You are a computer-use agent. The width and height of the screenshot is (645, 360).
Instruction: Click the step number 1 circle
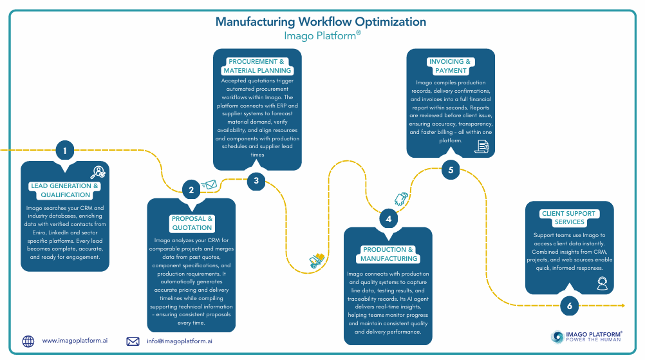(64, 151)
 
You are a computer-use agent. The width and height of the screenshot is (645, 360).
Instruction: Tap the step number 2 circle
(191, 190)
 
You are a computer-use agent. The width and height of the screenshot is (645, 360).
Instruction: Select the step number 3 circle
(256, 180)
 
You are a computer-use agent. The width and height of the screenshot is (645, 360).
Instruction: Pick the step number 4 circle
(388, 219)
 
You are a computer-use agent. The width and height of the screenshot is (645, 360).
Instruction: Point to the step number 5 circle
(451, 171)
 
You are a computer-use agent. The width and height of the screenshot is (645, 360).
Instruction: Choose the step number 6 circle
(569, 306)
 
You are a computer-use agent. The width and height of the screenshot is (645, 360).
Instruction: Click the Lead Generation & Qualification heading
(65, 190)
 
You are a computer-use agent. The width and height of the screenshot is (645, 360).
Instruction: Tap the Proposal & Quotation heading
(192, 223)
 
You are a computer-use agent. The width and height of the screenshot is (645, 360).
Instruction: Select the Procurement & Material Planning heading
(257, 66)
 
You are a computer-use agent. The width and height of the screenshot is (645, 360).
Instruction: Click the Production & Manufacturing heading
(388, 254)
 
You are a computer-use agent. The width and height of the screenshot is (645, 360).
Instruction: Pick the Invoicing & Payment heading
(451, 66)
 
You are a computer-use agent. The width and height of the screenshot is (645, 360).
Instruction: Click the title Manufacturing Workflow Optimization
(321, 22)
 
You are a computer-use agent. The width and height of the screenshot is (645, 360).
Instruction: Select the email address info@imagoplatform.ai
(179, 341)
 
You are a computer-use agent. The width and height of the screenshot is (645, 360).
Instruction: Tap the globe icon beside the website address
(28, 341)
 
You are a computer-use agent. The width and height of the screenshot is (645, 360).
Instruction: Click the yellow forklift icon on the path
(316, 260)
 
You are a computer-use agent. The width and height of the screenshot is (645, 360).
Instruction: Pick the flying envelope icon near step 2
(210, 185)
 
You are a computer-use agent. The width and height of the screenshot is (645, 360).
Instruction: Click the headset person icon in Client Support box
(602, 283)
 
